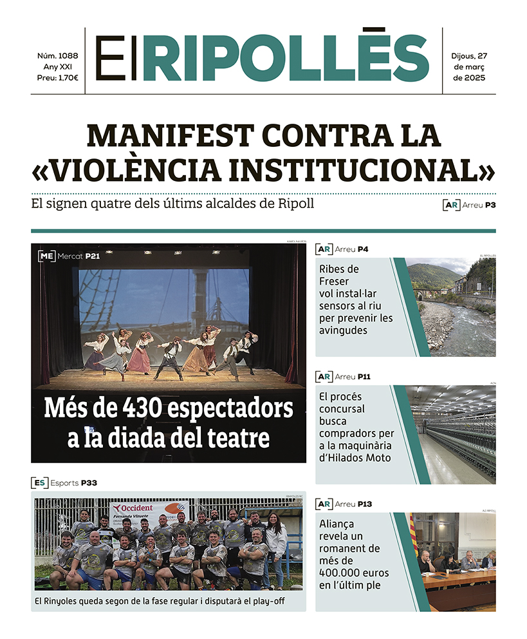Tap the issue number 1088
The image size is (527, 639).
[x=68, y=56]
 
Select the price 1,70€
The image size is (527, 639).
[x=66, y=78]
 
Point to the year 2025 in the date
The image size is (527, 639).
[x=469, y=78]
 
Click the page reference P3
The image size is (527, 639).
[x=490, y=205]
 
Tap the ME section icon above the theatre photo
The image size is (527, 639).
[x=46, y=256]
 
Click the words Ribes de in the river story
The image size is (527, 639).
[x=339, y=269]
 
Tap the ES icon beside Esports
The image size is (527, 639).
[x=39, y=482]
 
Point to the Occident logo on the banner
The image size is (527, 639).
[x=134, y=508]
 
